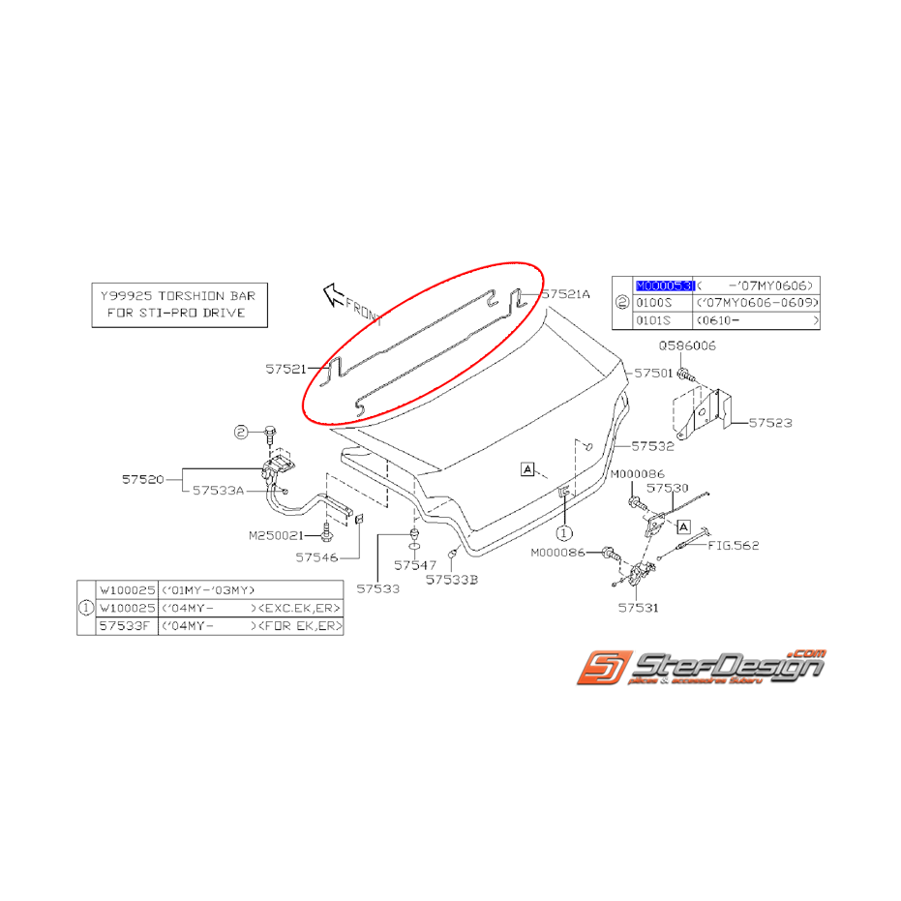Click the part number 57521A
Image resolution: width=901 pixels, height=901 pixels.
[566, 293]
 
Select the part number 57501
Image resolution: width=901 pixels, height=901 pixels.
[653, 372]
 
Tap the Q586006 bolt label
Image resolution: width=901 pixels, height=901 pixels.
[687, 345]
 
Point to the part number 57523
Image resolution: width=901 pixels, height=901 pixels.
[772, 423]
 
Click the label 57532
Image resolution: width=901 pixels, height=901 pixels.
[653, 446]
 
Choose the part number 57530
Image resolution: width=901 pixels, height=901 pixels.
[668, 489]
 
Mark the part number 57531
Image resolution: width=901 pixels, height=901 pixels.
[638, 609]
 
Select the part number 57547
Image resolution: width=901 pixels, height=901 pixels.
[415, 564]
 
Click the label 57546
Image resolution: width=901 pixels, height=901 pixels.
[317, 557]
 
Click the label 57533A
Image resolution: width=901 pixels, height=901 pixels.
[218, 491]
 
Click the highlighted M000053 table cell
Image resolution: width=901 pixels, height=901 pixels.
[664, 285]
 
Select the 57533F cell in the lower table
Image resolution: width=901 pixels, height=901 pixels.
[124, 626]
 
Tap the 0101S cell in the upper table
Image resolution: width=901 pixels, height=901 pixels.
[653, 319]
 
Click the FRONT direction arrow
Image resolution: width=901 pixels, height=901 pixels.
[334, 290]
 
